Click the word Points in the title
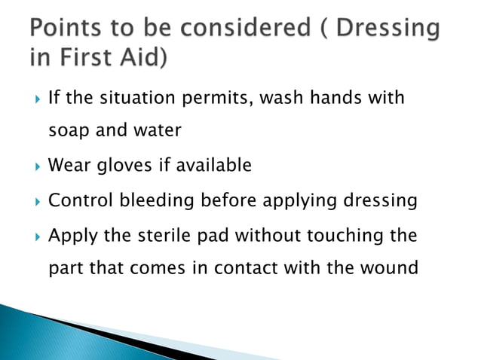[x=66, y=30]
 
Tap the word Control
[x=76, y=200]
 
